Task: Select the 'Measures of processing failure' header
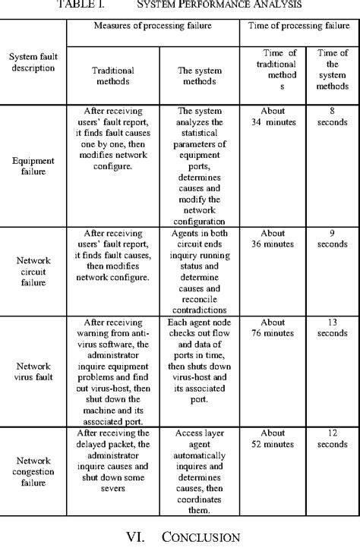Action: pos(153,26)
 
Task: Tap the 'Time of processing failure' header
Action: pos(298,26)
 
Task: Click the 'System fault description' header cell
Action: pos(33,61)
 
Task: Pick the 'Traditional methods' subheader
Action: pos(112,75)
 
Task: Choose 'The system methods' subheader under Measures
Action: pos(199,75)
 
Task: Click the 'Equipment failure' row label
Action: pos(33,166)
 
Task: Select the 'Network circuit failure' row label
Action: pos(33,270)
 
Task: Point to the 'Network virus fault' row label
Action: pos(33,370)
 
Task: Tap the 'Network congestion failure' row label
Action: pos(33,471)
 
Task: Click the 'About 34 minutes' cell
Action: pos(273,115)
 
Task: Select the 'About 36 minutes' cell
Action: pos(273,239)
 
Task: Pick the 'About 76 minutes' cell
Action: pos(273,328)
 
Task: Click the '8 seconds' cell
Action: pos(332,115)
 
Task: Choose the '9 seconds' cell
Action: pos(332,239)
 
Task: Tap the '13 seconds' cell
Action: pos(332,328)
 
